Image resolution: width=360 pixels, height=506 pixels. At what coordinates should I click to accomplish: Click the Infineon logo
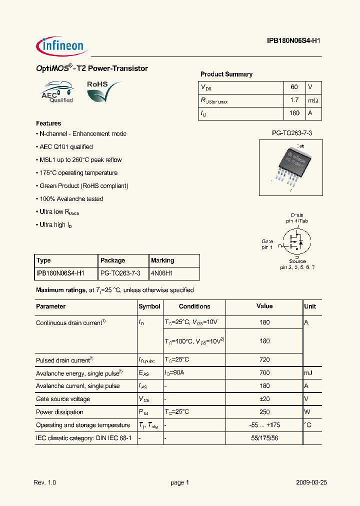pyautogui.click(x=62, y=46)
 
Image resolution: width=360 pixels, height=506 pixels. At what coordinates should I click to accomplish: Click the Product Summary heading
pyautogui.click(x=226, y=74)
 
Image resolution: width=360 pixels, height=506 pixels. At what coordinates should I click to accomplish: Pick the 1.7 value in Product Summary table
pyautogui.click(x=294, y=100)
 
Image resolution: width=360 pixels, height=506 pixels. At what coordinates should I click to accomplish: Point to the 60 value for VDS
pyautogui.click(x=294, y=87)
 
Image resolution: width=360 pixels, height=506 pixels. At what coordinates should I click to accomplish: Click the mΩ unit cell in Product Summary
pyautogui.click(x=313, y=100)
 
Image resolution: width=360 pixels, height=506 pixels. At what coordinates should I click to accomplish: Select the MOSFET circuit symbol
pyautogui.click(x=296, y=243)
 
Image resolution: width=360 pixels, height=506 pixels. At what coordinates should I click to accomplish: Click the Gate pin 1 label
pyautogui.click(x=267, y=244)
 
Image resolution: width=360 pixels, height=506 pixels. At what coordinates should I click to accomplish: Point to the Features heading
pyautogui.click(x=48, y=123)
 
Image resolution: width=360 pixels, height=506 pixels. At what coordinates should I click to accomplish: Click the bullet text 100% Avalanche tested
pyautogui.click(x=71, y=199)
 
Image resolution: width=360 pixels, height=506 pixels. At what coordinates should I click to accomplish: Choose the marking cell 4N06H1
pyautogui.click(x=162, y=273)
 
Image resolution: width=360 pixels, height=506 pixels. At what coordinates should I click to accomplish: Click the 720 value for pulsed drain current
pyautogui.click(x=264, y=359)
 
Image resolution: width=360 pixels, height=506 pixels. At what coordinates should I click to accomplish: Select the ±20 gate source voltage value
pyautogui.click(x=264, y=399)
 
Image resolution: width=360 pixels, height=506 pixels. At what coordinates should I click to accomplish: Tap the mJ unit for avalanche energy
pyautogui.click(x=309, y=372)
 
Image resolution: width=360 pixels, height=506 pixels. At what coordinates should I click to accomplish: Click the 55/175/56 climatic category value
pyautogui.click(x=264, y=438)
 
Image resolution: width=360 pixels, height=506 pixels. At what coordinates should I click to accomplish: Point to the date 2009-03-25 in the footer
pyautogui.click(x=311, y=482)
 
